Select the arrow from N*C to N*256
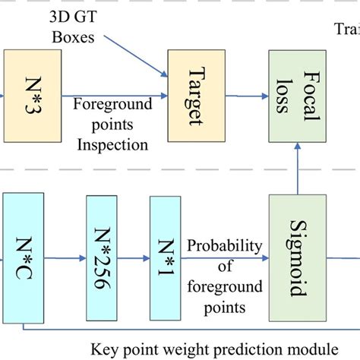[68, 258]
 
